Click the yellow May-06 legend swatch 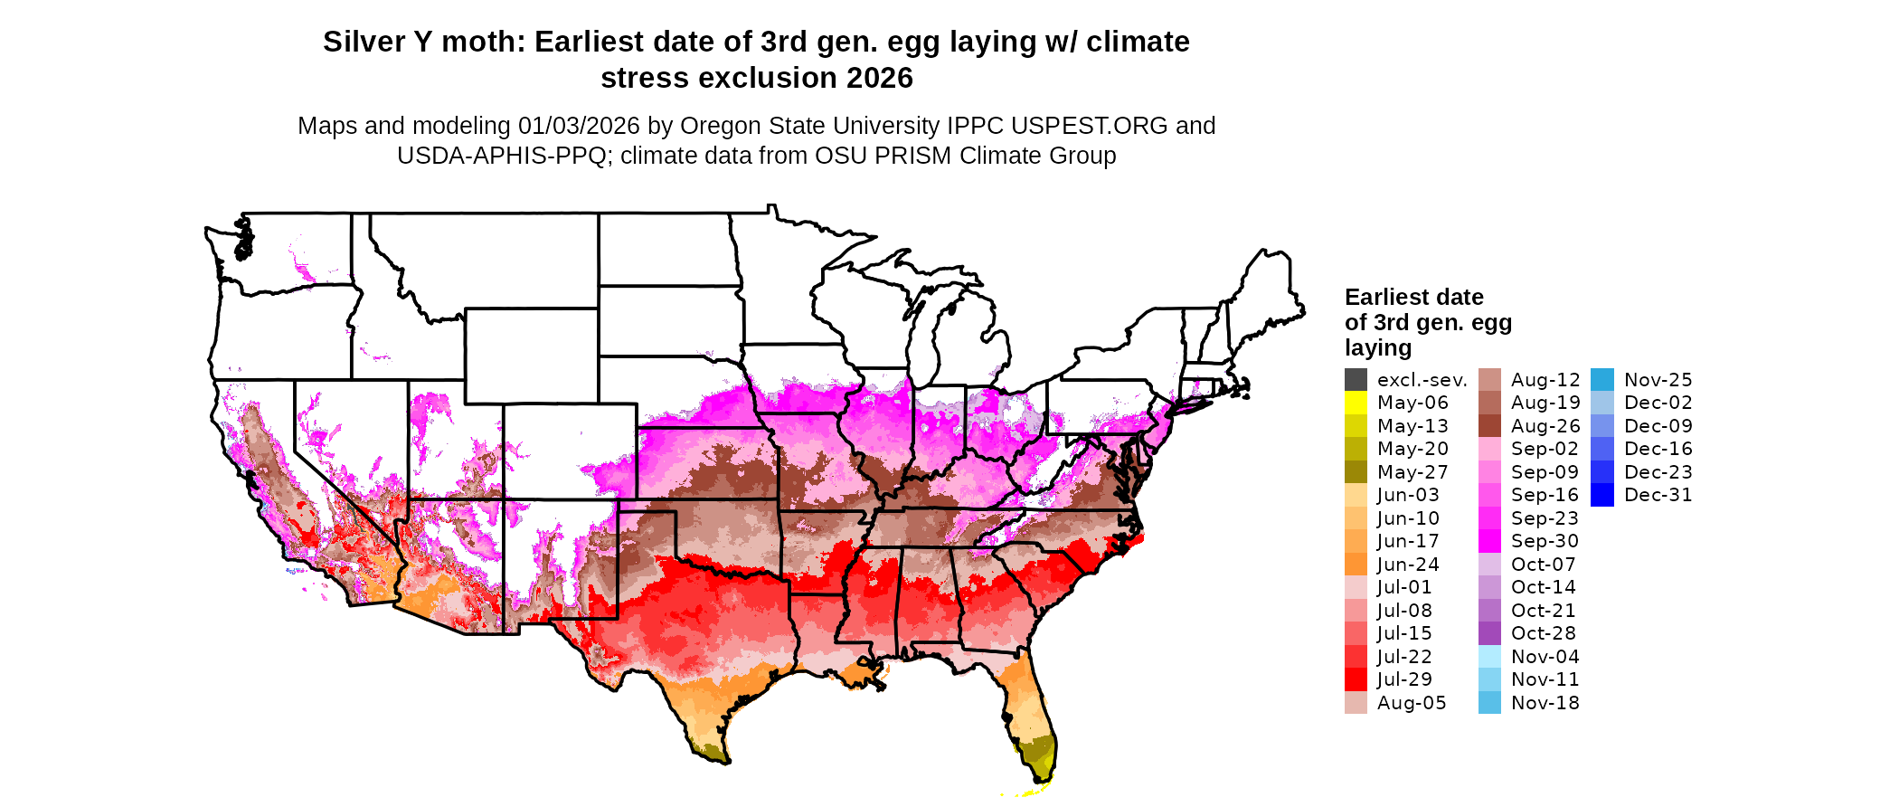pos(1356,403)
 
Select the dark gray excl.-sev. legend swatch pos(1356,380)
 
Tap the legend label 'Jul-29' pos(1404,679)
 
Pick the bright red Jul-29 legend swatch pos(1356,679)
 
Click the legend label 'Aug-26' pos(1545,426)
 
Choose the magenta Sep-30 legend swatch pos(1489,541)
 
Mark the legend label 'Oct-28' pos(1543,633)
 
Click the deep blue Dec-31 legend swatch pos(1601,495)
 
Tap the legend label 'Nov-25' pos(1658,380)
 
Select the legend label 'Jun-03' pos(1408,495)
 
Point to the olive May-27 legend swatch pos(1356,472)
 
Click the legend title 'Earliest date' pos(1413,298)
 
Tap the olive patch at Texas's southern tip pos(713,749)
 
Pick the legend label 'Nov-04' pos(1545,657)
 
